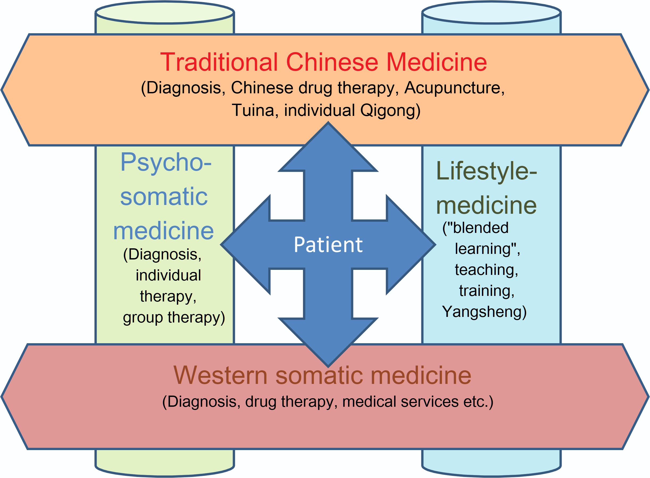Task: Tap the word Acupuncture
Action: tap(454, 88)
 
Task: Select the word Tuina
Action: tap(253, 111)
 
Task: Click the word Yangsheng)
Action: tap(484, 312)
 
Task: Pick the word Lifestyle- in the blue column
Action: tap(486, 171)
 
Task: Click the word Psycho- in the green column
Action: tap(165, 163)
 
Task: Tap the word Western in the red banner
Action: tap(220, 376)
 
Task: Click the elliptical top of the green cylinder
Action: tap(164, 12)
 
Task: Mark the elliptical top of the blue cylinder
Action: tap(491, 12)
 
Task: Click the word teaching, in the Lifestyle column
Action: tap(486, 270)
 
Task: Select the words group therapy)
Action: tap(174, 317)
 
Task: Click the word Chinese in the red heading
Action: tap(332, 62)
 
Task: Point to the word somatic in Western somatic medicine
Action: tap(319, 376)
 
